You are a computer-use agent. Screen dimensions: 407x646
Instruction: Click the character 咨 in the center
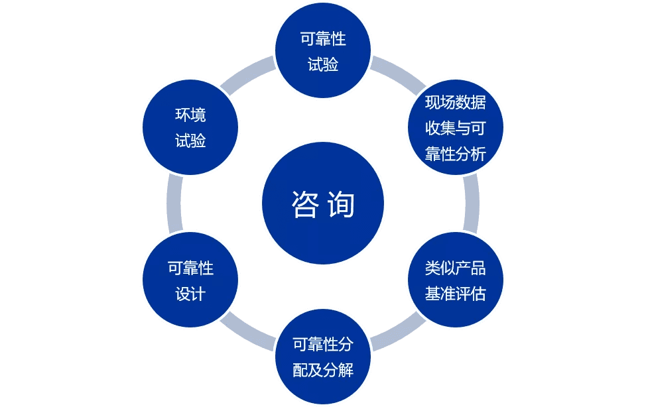pyautogui.click(x=306, y=204)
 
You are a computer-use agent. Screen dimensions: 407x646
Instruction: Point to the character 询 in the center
pyautogui.click(x=342, y=204)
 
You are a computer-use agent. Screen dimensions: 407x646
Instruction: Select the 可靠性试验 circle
pyautogui.click(x=323, y=50)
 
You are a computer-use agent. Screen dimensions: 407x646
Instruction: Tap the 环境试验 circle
pyautogui.click(x=190, y=127)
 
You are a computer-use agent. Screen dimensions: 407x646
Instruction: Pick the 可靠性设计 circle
pyautogui.click(x=190, y=280)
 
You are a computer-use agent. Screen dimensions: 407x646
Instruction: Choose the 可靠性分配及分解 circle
pyautogui.click(x=323, y=357)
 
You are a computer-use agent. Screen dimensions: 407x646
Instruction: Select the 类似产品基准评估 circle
pyautogui.click(x=456, y=280)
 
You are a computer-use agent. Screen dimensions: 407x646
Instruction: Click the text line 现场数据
pyautogui.click(x=456, y=102)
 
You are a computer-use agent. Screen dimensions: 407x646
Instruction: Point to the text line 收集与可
pyautogui.click(x=456, y=128)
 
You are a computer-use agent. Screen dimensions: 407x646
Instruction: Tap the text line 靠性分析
pyautogui.click(x=456, y=154)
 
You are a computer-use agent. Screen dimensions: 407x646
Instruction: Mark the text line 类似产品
pyautogui.click(x=456, y=268)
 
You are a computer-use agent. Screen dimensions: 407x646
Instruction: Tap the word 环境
pyautogui.click(x=190, y=115)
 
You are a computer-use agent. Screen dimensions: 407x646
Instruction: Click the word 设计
pyautogui.click(x=190, y=294)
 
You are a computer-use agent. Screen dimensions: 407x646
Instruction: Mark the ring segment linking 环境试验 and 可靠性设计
pyautogui.click(x=174, y=203)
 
